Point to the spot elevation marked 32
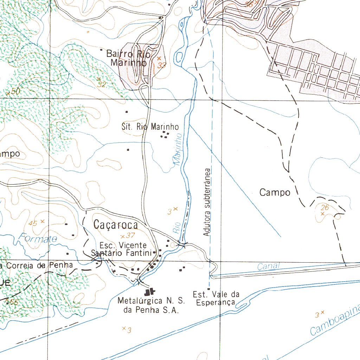click(x=102, y=84)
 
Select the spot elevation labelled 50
click(x=15, y=91)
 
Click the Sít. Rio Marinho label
click(x=150, y=127)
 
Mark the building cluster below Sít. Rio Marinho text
click(x=165, y=135)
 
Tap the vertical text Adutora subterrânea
click(x=207, y=202)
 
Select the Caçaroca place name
click(x=116, y=225)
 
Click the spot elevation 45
click(x=33, y=223)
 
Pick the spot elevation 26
click(x=325, y=208)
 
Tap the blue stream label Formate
click(x=38, y=239)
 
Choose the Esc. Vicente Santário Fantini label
click(x=122, y=249)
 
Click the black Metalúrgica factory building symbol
click(x=149, y=291)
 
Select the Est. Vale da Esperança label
click(x=216, y=298)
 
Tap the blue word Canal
click(x=268, y=266)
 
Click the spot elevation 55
click(x=14, y=302)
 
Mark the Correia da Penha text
click(x=37, y=265)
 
